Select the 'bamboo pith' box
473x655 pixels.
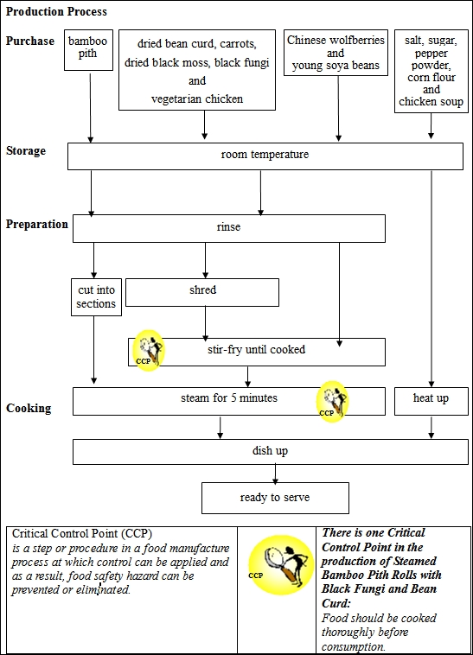(89, 48)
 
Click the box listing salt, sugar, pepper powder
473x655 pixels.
(431, 70)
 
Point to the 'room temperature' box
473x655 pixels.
(265, 156)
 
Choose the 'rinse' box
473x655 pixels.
(229, 228)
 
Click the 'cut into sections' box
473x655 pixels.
(95, 297)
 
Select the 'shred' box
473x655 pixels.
(202, 292)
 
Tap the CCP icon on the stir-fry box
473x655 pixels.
(150, 350)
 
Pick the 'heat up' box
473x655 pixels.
(430, 400)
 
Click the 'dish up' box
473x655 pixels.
(269, 451)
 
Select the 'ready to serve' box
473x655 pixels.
(275, 499)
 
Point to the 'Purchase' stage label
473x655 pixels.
(30, 41)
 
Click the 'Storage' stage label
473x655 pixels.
(26, 151)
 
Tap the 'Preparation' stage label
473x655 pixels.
(37, 225)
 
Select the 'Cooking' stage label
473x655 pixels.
(29, 408)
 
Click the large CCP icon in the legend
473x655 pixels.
(279, 565)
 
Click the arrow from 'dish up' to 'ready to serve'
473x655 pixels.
(275, 474)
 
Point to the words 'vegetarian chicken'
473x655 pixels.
(197, 99)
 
